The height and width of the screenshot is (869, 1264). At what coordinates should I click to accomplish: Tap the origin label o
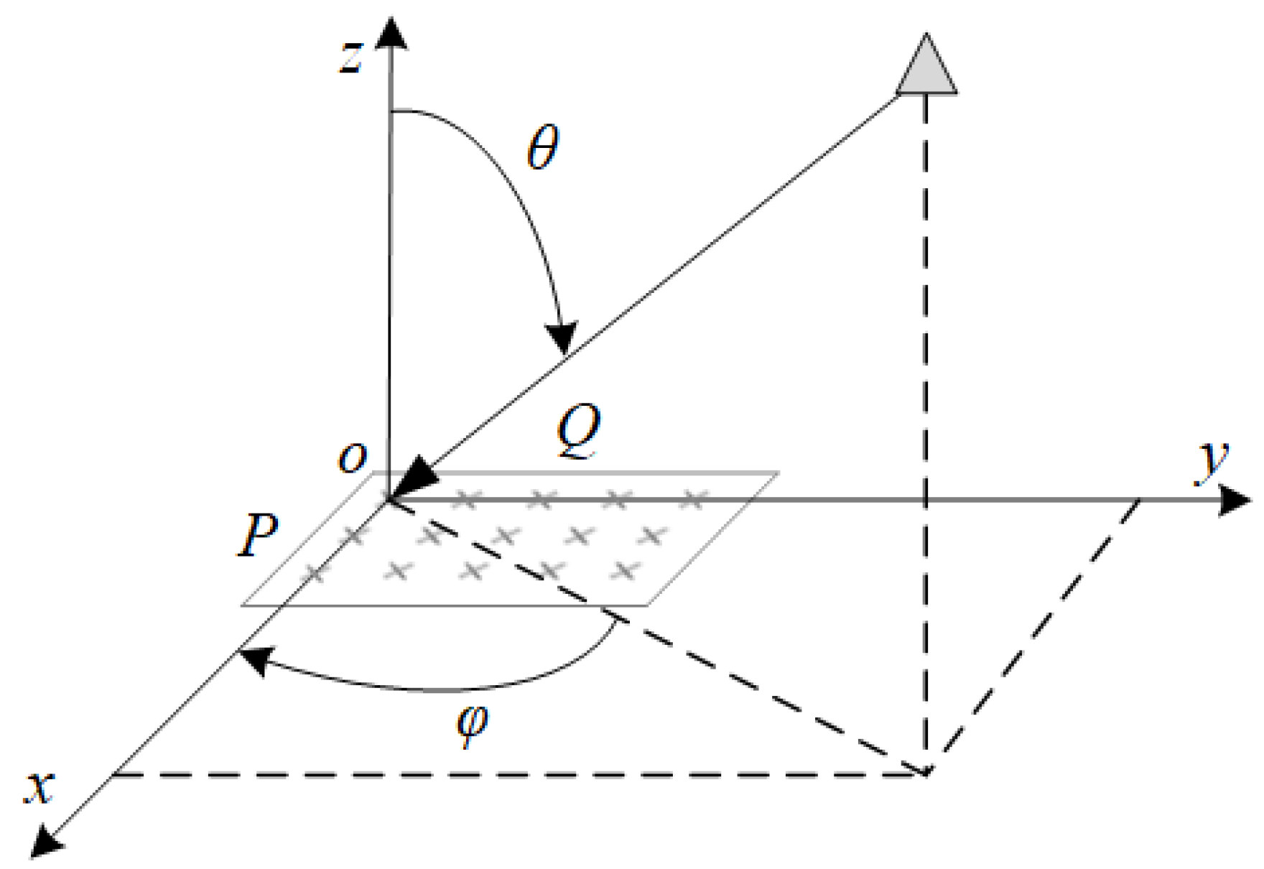click(x=352, y=457)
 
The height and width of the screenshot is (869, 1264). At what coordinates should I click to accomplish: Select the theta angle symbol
click(x=542, y=147)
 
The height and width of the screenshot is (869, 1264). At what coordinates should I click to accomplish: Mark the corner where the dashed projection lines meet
click(x=926, y=773)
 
